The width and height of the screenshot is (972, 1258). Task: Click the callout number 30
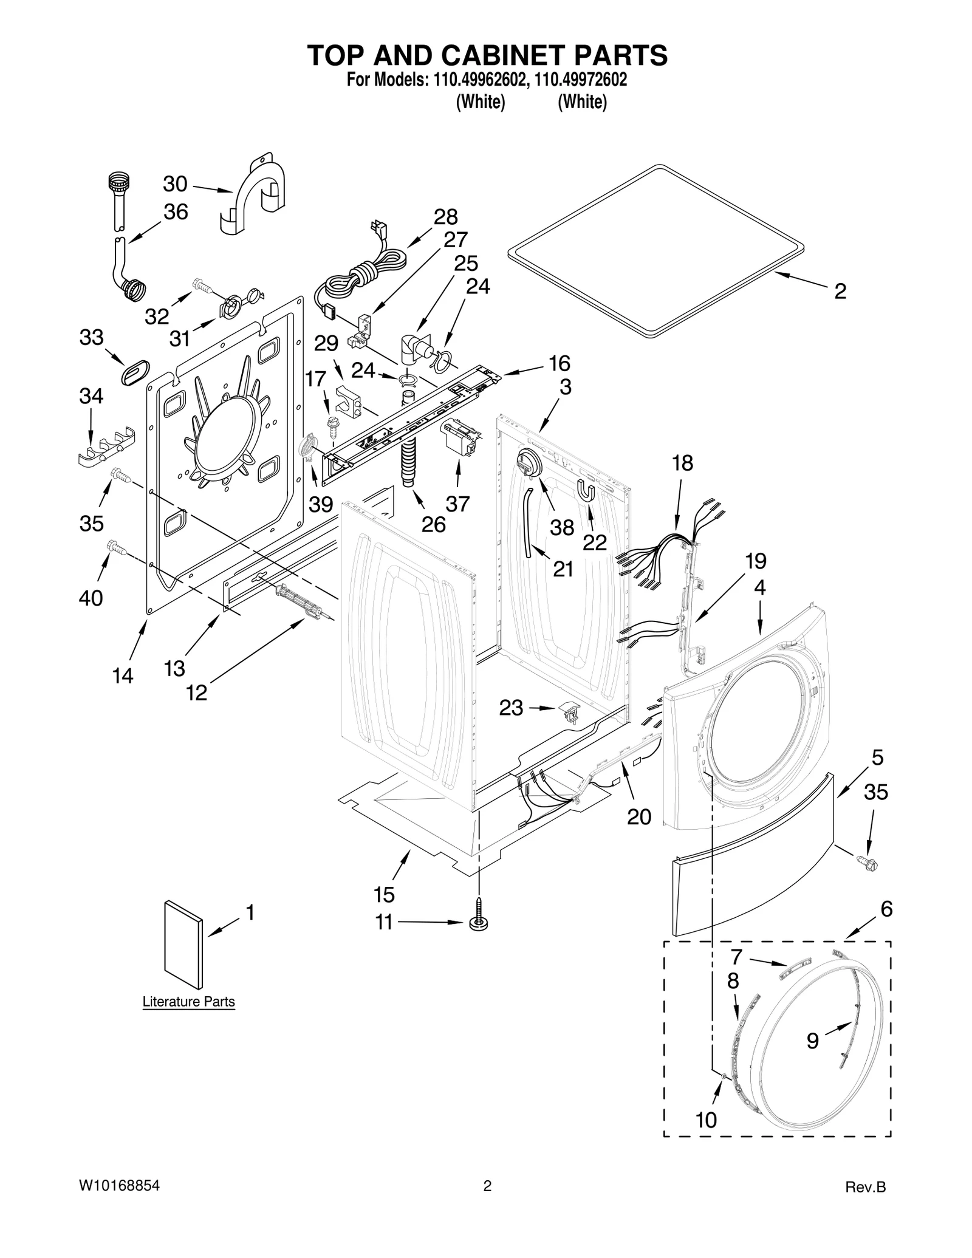click(x=175, y=183)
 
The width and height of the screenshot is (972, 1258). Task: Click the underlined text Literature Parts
click(x=188, y=1002)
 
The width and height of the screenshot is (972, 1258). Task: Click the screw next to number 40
click(x=118, y=547)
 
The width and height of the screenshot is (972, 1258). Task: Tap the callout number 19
click(x=755, y=561)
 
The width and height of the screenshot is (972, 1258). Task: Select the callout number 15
click(x=384, y=894)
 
